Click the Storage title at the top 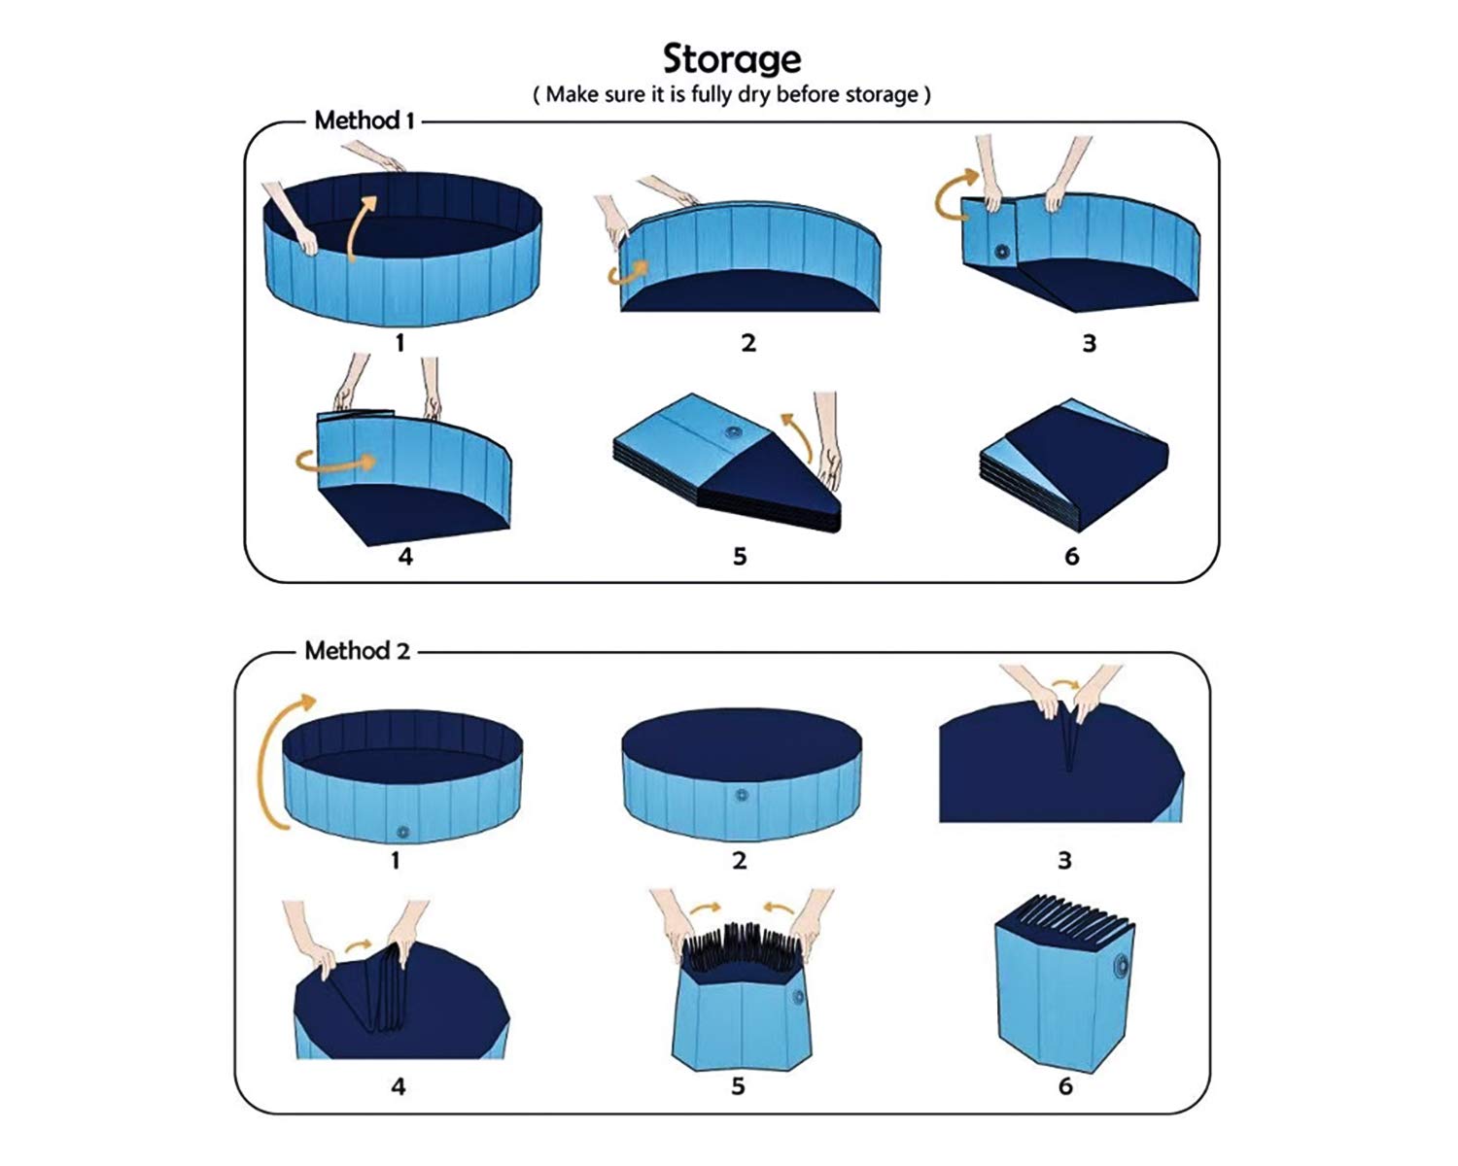pos(732,59)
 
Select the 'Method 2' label pos(357,650)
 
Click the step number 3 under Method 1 pos(1089,343)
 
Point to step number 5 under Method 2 pos(738,1085)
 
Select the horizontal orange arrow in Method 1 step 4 pos(336,462)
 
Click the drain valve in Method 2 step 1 pos(401,833)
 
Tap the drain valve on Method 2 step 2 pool pos(741,796)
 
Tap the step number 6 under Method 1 pos(1071,556)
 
